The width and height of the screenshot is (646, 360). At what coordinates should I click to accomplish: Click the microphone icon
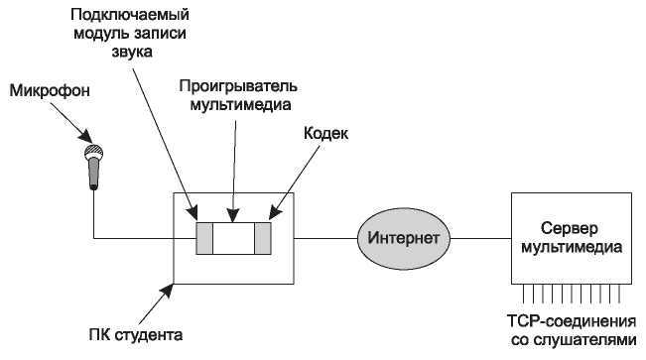pyautogui.click(x=94, y=166)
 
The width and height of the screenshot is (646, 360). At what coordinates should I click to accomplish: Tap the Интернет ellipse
pyautogui.click(x=403, y=238)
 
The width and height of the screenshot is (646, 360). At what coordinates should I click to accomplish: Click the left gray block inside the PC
pyautogui.click(x=204, y=239)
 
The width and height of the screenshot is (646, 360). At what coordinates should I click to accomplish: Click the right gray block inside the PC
pyautogui.click(x=263, y=239)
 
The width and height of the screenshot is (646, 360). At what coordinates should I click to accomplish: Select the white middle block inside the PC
pyautogui.click(x=233, y=239)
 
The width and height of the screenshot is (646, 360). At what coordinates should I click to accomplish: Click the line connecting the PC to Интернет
pyautogui.click(x=325, y=238)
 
